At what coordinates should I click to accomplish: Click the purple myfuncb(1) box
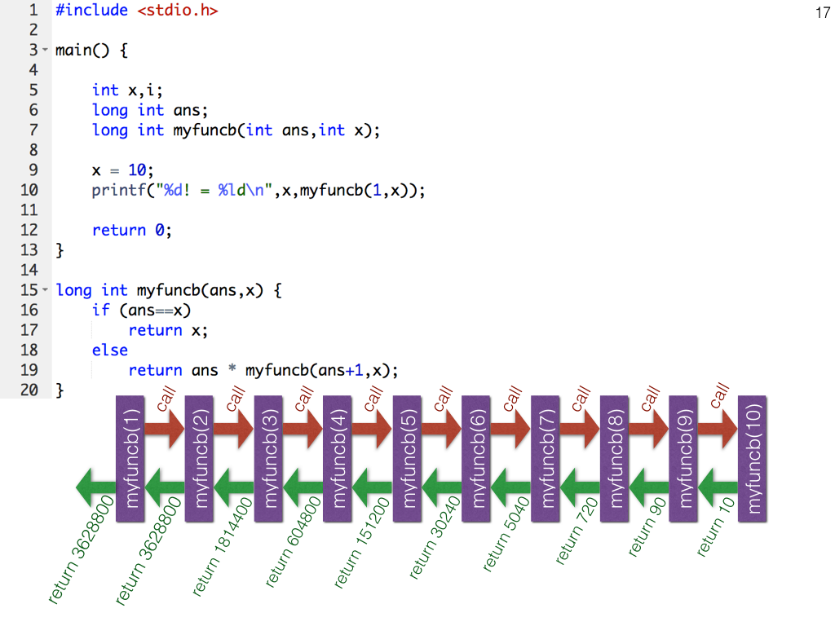tap(130, 459)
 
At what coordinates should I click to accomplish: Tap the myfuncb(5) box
tap(407, 459)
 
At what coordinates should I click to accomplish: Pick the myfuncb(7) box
tap(546, 459)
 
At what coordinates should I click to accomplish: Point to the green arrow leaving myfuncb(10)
tap(718, 488)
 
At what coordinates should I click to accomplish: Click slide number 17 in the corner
tap(821, 13)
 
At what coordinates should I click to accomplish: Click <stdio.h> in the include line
tap(177, 11)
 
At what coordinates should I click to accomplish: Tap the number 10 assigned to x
tap(135, 170)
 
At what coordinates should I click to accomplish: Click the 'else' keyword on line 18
tap(110, 350)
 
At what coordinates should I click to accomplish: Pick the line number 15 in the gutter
tap(29, 290)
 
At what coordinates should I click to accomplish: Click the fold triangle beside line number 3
tap(46, 51)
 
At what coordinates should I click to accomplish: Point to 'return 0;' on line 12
tap(132, 230)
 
